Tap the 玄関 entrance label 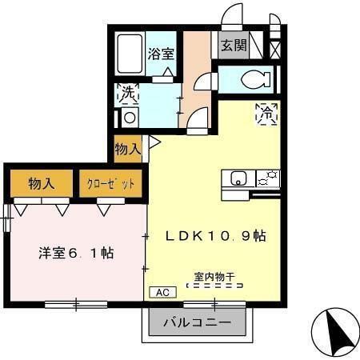coord(234,46)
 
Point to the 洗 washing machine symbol coord(128,94)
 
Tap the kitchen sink coord(238,178)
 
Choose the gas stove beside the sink coord(268,178)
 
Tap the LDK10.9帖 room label coord(215,236)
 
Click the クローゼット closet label coord(111,183)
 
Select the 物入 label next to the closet coord(41,183)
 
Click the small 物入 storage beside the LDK coord(128,149)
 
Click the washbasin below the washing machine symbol coord(129,117)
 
